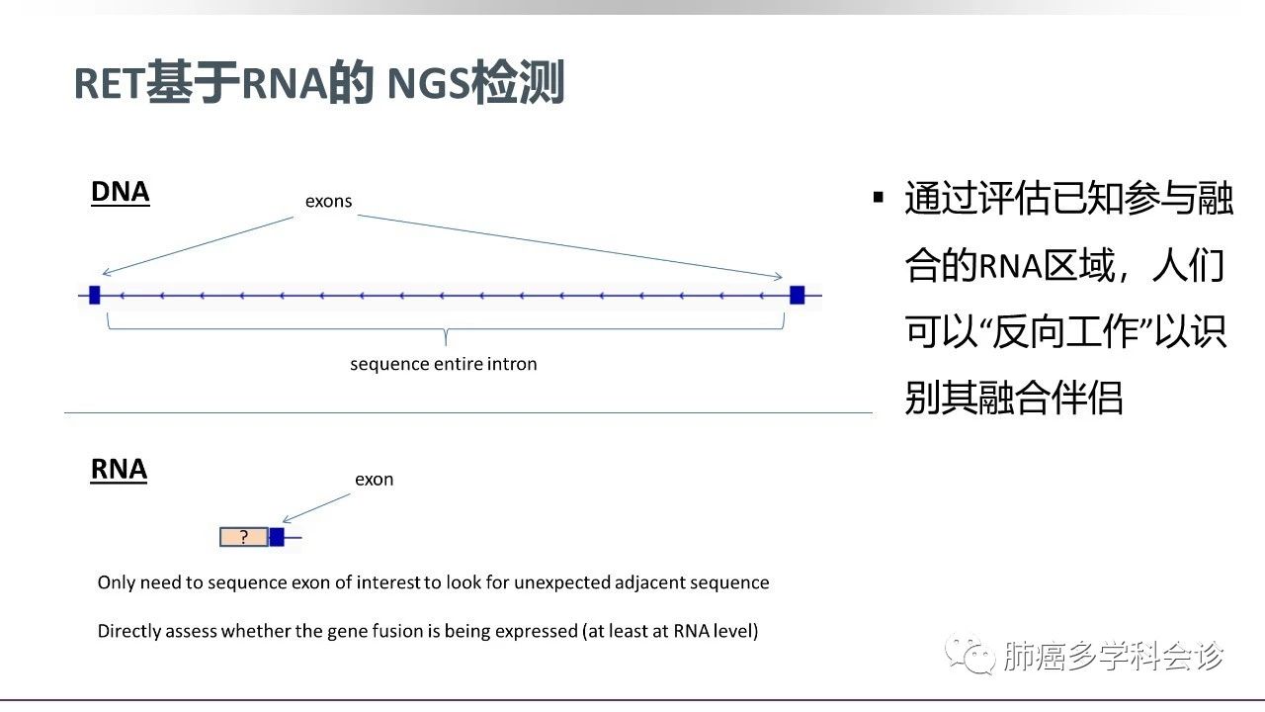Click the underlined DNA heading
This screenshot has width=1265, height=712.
[121, 193]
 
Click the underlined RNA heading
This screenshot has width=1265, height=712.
[119, 470]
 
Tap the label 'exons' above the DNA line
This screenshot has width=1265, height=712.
[328, 201]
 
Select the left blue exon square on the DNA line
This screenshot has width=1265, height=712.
[94, 295]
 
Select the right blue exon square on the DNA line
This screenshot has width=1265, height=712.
[797, 295]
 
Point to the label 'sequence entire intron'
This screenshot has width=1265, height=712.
[444, 364]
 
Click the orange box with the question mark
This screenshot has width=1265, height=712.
[244, 537]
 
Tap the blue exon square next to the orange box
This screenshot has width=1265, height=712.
[277, 537]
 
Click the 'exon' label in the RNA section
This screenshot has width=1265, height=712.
[374, 480]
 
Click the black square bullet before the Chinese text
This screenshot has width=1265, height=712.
[879, 197]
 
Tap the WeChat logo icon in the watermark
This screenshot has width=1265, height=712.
[970, 655]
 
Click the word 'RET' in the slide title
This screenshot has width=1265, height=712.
[110, 84]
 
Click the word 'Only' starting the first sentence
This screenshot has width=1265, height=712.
[116, 583]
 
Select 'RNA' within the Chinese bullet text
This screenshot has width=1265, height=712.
[1010, 266]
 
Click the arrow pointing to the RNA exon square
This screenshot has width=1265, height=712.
[315, 508]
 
